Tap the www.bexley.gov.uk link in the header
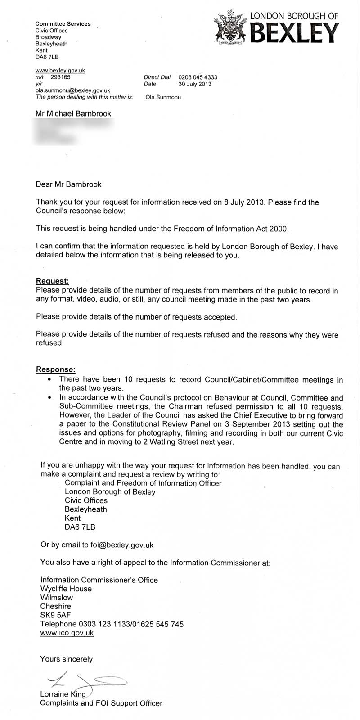(60, 71)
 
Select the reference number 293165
(61, 77)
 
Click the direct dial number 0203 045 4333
(198, 77)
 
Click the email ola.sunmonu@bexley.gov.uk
(72, 90)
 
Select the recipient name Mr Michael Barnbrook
(73, 114)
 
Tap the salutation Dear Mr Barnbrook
(68, 184)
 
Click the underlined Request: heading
(52, 281)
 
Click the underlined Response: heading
(56, 370)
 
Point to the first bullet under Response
(49, 380)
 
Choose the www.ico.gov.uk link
(67, 633)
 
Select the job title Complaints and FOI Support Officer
(101, 703)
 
